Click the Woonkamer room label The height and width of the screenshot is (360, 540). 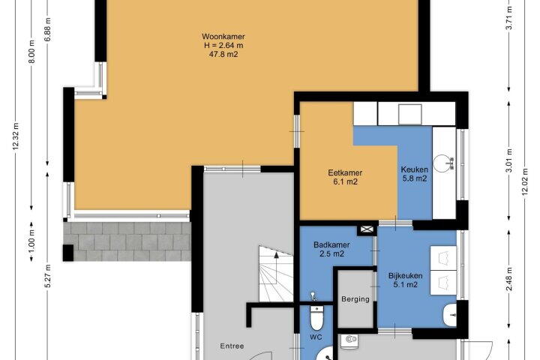point(223,37)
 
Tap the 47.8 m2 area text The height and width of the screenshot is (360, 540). point(223,54)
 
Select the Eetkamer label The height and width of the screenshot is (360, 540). point(345,172)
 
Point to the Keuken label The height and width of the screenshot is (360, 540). point(414,169)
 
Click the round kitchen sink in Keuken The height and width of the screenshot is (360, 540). point(442,163)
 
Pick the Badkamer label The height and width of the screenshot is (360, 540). point(331,245)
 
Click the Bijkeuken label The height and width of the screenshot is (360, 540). point(405,275)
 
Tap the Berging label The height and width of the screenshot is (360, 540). point(355,299)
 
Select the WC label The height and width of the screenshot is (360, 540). point(316,337)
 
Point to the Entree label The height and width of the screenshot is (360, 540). point(232,346)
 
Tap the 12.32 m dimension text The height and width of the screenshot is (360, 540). point(16,136)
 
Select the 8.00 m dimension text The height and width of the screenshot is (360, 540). point(31,52)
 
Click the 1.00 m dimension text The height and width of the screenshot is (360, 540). point(31,241)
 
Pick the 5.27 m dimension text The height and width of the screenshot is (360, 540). point(48,276)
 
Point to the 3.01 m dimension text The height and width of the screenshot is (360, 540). point(509,160)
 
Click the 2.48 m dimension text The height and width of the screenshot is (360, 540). point(509,279)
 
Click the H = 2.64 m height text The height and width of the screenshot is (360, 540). point(223,45)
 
